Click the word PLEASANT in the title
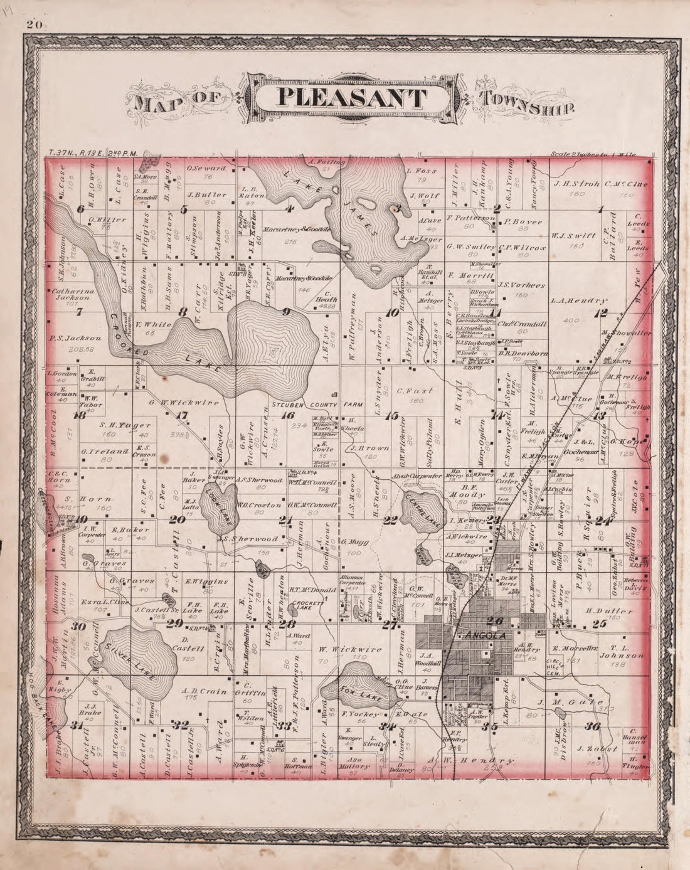[x=352, y=98]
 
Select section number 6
[x=80, y=209]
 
